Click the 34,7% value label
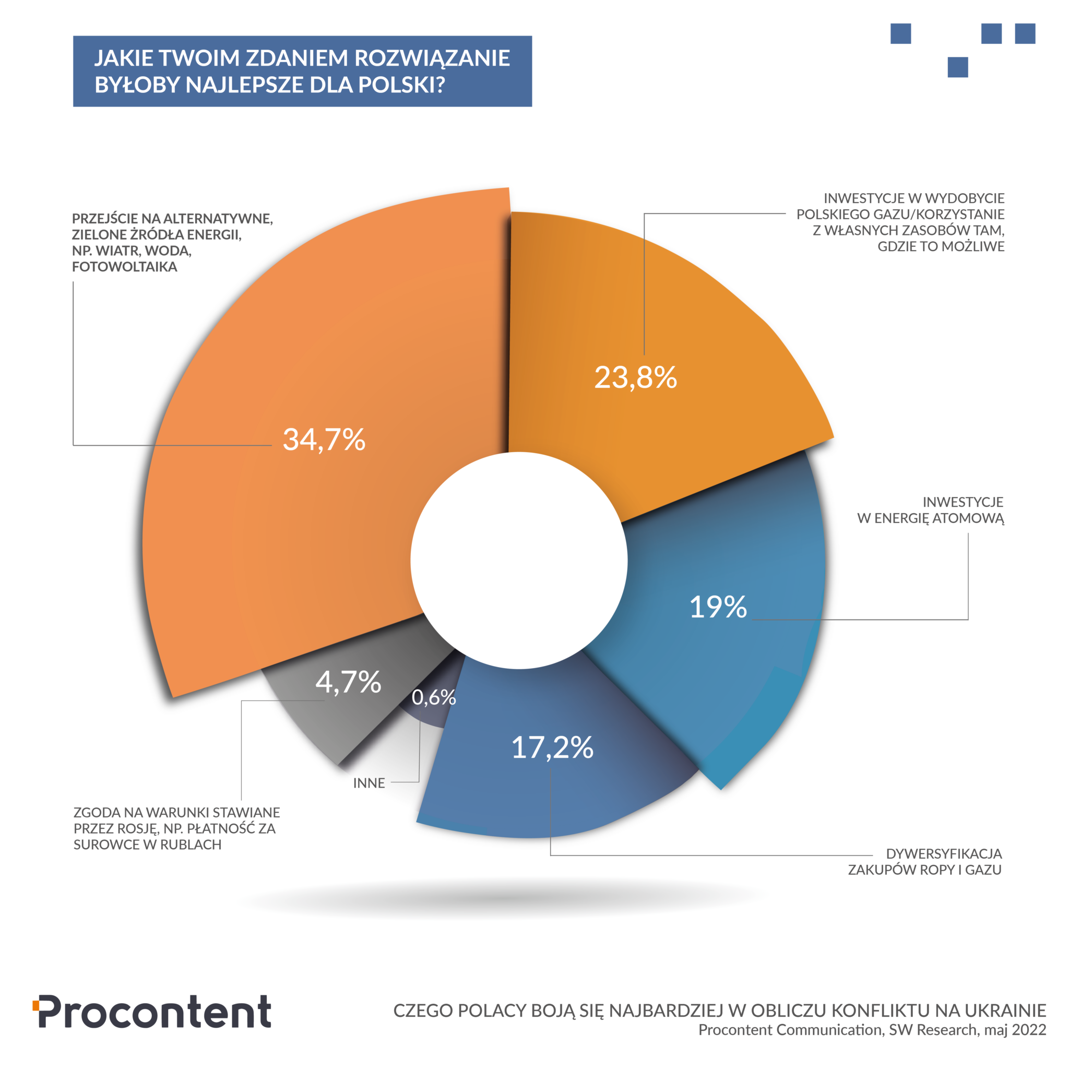(x=324, y=440)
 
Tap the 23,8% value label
(x=635, y=378)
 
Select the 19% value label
(x=718, y=607)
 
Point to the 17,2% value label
(x=552, y=747)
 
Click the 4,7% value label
(x=348, y=682)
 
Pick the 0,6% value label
(x=434, y=698)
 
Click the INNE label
(x=369, y=783)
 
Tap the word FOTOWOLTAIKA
(x=125, y=267)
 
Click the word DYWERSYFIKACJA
(x=944, y=854)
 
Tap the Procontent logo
(x=152, y=1012)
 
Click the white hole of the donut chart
(x=518, y=560)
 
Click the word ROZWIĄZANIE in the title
(x=432, y=58)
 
